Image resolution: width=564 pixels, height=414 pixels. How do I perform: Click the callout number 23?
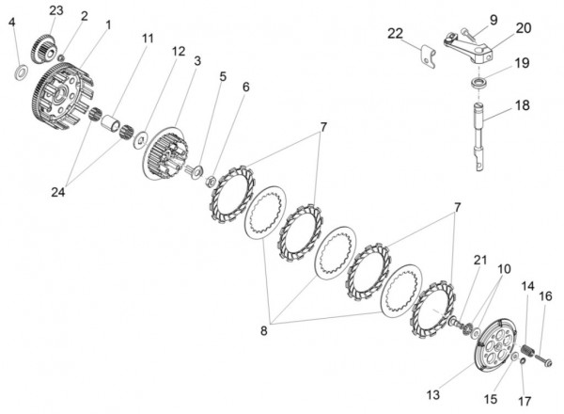click(x=56, y=10)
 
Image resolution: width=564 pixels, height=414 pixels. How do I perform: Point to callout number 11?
click(x=148, y=39)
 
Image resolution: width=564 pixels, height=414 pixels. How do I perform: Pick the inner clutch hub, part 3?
click(x=168, y=151)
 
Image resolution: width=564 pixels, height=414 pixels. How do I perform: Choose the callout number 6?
click(x=245, y=87)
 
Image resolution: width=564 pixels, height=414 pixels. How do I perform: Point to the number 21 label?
click(x=481, y=260)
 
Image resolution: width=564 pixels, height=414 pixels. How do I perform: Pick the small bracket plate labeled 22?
click(x=431, y=53)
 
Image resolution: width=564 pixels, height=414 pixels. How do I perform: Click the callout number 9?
click(x=493, y=18)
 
